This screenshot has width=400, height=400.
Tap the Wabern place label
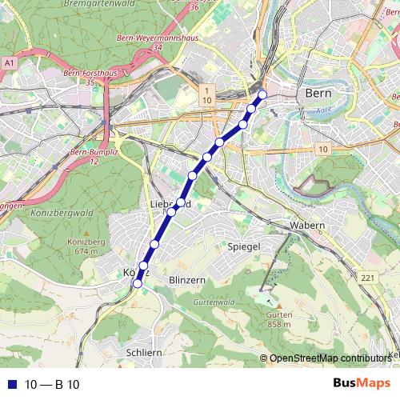pyautogui.click(x=308, y=226)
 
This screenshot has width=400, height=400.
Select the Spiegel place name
pyautogui.click(x=244, y=246)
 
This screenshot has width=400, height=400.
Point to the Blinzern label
pyautogui.click(x=188, y=279)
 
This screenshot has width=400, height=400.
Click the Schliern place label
pyautogui.click(x=145, y=351)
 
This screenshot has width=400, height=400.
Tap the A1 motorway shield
pyautogui.click(x=9, y=62)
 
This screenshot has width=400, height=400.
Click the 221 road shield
pyautogui.click(x=367, y=278)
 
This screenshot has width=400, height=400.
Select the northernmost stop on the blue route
pyautogui.click(x=262, y=94)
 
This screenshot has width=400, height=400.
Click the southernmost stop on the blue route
pyautogui.click(x=138, y=282)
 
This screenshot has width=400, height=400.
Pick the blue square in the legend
pyautogui.click(x=11, y=384)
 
